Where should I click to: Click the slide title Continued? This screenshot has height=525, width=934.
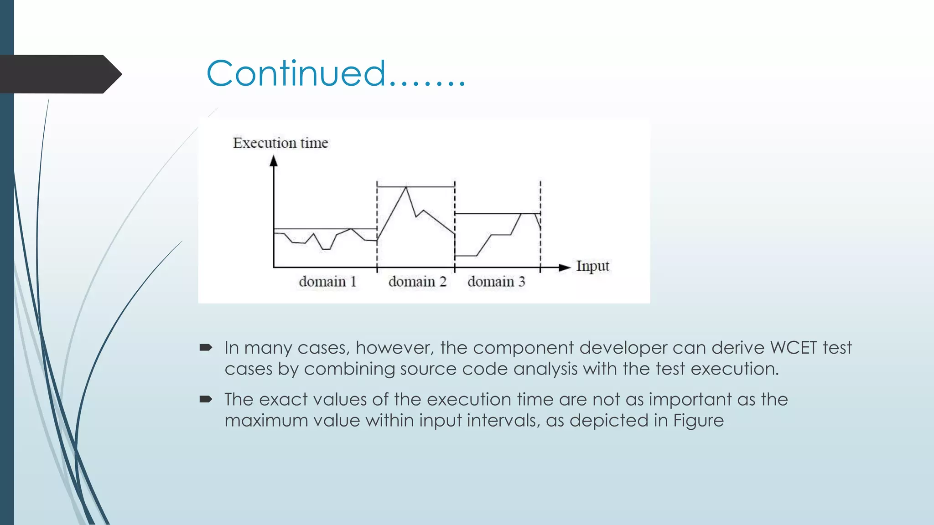click(x=335, y=74)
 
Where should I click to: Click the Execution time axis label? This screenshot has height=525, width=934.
click(x=280, y=143)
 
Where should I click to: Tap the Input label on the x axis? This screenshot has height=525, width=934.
click(x=592, y=266)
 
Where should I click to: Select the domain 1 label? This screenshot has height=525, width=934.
click(x=327, y=282)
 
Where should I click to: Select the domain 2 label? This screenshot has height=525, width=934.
click(x=417, y=282)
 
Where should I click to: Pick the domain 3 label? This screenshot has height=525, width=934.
click(x=496, y=282)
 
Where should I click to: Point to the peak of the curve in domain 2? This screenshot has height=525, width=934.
click(x=406, y=188)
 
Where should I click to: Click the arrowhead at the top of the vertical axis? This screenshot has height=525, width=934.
click(x=274, y=160)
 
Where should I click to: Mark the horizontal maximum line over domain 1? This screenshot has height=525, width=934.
click(x=325, y=228)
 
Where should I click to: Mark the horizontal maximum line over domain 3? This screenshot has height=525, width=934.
click(x=497, y=213)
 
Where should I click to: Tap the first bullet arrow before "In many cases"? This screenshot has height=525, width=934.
click(x=206, y=348)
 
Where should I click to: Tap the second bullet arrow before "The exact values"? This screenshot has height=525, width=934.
click(x=206, y=400)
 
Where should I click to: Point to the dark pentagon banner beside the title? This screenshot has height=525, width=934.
click(x=59, y=74)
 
